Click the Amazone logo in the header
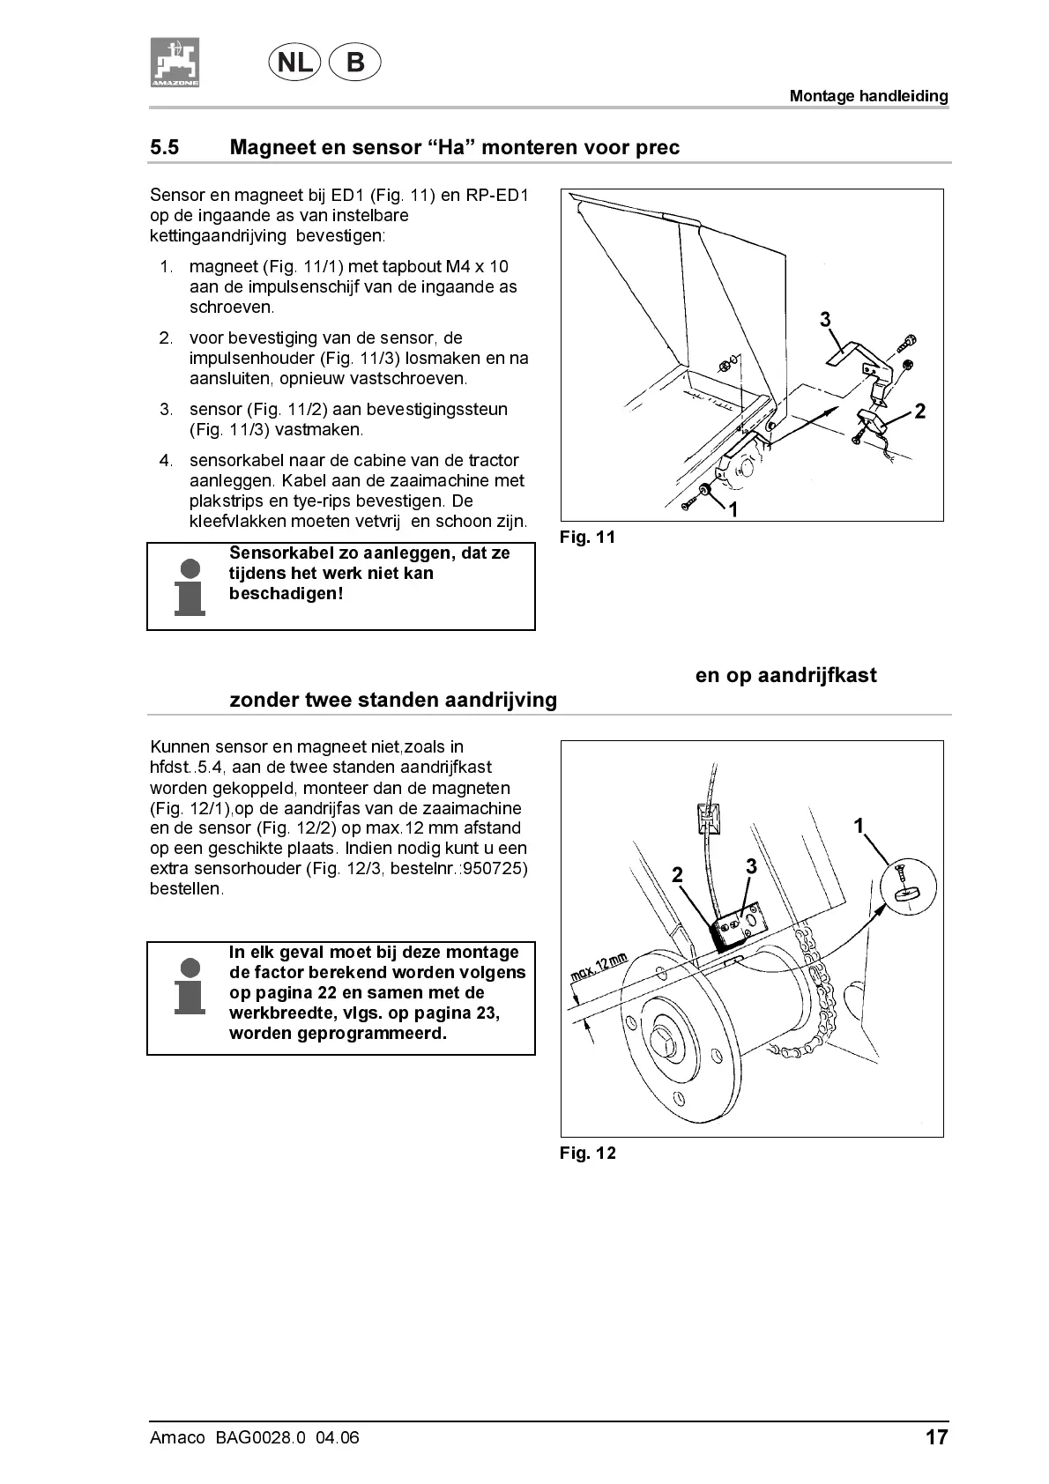click(175, 63)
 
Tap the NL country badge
click(294, 63)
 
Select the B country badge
click(354, 63)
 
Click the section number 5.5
click(165, 147)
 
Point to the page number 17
click(936, 1437)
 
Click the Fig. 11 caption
click(587, 537)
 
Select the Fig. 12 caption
click(587, 1153)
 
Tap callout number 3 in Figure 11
click(825, 320)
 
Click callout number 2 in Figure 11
click(920, 412)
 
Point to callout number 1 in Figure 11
click(732, 509)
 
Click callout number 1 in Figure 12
click(859, 826)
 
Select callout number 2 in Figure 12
click(677, 874)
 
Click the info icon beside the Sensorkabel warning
click(190, 586)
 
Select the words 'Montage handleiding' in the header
click(868, 96)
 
